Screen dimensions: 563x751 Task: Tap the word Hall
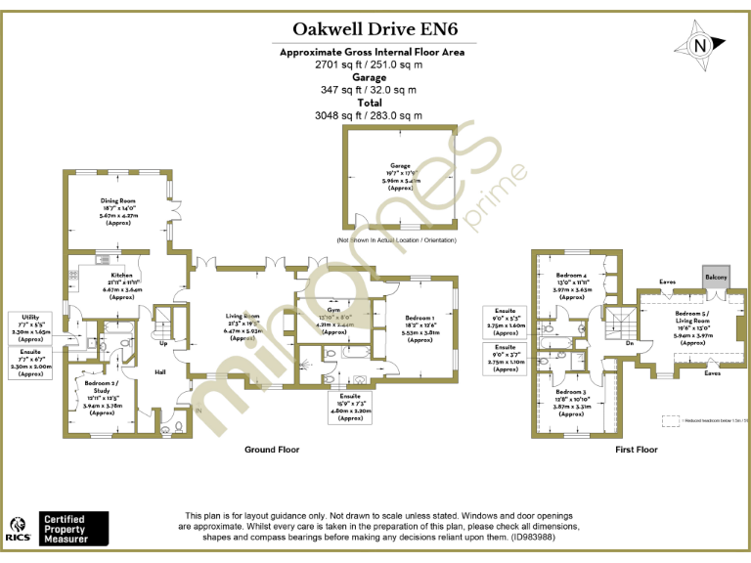[x=159, y=372]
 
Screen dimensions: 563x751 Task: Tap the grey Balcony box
[x=718, y=277]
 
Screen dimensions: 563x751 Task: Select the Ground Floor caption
[x=272, y=450]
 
